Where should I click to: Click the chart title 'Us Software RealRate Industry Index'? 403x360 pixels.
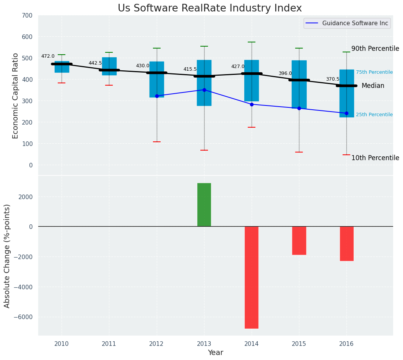pyautogui.click(x=210, y=8)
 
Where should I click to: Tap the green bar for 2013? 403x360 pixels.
pyautogui.click(x=204, y=205)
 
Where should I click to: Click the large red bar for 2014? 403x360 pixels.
pyautogui.click(x=252, y=277)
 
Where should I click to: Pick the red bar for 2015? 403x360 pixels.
pyautogui.click(x=299, y=240)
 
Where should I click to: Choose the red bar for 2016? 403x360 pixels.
pyautogui.click(x=346, y=243)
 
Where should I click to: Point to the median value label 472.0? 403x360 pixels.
pyautogui.click(x=48, y=56)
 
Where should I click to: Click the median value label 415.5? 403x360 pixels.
pyautogui.click(x=190, y=69)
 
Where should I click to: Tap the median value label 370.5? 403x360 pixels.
pyautogui.click(x=333, y=79)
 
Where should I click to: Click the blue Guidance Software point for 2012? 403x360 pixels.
pyautogui.click(x=157, y=96)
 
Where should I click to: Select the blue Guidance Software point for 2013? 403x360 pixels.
pyautogui.click(x=204, y=90)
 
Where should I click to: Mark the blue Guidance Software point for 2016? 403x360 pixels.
pyautogui.click(x=346, y=113)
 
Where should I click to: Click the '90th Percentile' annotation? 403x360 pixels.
pyautogui.click(x=375, y=49)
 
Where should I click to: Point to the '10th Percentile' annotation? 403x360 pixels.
pyautogui.click(x=375, y=158)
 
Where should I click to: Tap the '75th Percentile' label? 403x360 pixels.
pyautogui.click(x=374, y=72)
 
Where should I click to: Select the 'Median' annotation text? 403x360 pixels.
pyautogui.click(x=373, y=86)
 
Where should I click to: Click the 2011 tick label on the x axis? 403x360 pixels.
pyautogui.click(x=109, y=344)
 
